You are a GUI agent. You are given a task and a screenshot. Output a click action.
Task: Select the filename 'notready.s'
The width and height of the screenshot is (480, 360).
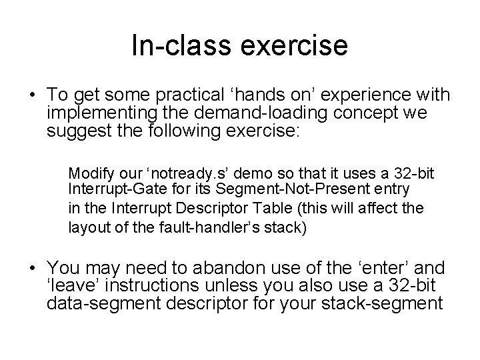point(177,173)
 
